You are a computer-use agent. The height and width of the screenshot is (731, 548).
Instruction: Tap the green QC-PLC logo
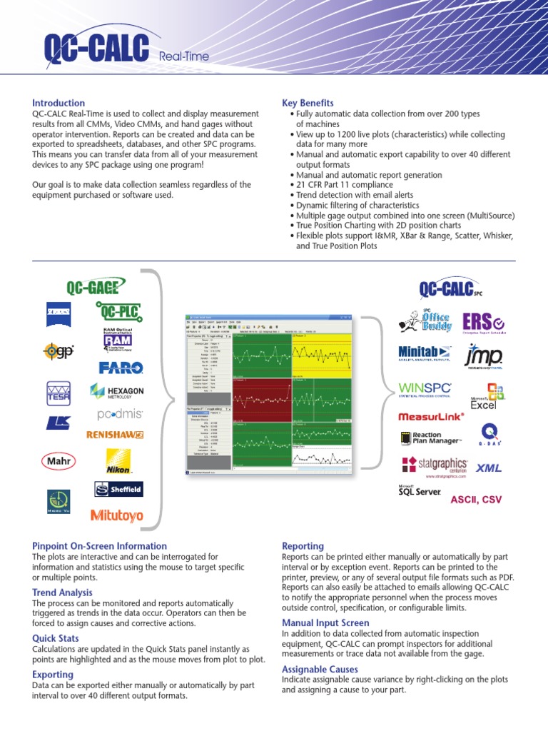pos(118,311)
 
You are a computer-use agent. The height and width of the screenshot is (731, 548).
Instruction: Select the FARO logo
pos(121,368)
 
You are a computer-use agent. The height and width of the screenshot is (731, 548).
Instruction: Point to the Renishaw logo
pos(115,434)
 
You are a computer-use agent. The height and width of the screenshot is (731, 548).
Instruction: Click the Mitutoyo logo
pos(116,515)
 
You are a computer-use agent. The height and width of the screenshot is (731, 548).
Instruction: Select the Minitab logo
pos(425,353)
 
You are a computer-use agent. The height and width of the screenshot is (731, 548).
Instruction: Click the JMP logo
pos(484,355)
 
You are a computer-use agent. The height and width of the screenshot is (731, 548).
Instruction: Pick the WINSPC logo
pos(425,390)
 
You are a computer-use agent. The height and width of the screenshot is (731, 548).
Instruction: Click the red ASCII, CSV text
pos(476,500)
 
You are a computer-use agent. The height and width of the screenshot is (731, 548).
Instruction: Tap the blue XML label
pos(489,468)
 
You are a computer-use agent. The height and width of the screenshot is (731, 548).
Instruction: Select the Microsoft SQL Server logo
pos(420,491)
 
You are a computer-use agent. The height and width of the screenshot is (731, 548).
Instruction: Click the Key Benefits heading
pos(308,103)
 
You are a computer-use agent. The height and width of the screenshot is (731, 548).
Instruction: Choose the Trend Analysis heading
pos(62,593)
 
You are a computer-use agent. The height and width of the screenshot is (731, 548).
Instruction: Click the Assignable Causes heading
pos(319,669)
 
